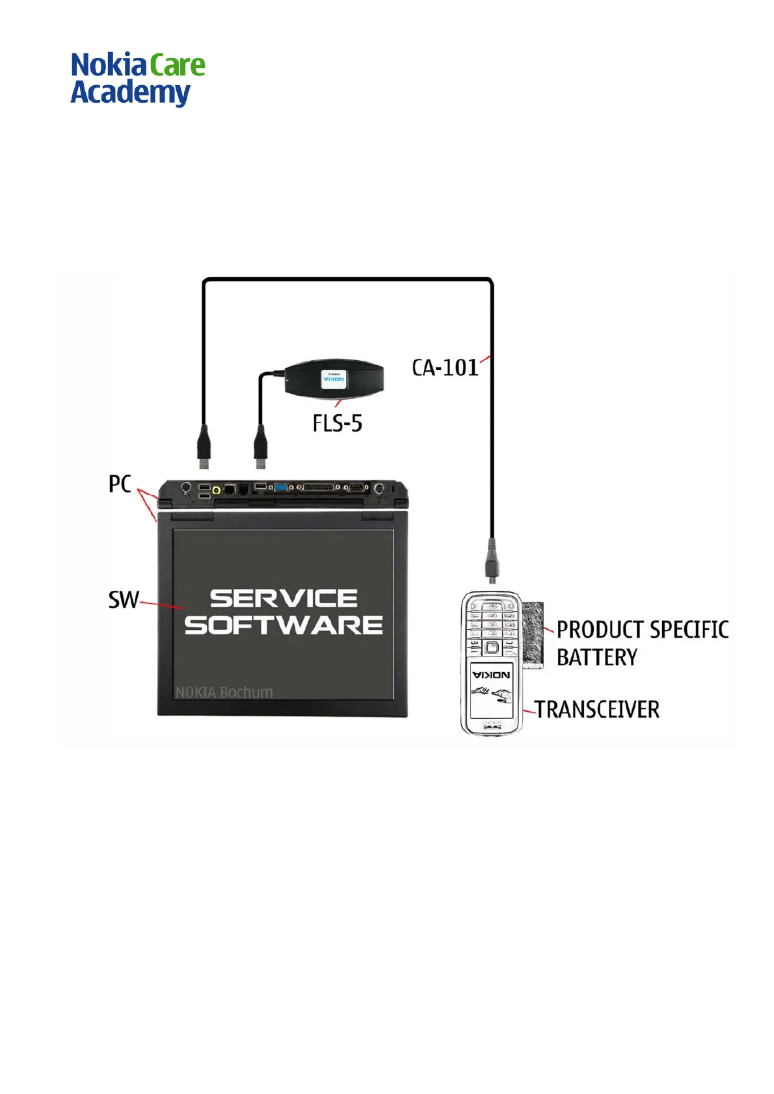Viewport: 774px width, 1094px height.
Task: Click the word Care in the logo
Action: (x=178, y=66)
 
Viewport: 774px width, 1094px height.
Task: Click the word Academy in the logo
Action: (x=130, y=93)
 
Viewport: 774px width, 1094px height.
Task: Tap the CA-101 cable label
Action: (x=445, y=368)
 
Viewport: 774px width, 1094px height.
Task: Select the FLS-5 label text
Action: (x=337, y=424)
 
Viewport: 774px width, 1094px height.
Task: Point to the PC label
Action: (x=120, y=484)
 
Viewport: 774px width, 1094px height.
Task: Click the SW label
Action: (x=123, y=599)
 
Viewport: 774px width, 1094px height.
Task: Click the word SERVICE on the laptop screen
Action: (x=284, y=598)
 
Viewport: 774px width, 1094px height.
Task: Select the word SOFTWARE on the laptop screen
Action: (x=284, y=625)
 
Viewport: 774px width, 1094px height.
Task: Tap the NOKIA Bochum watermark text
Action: (x=224, y=692)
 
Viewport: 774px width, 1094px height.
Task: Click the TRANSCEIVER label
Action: (x=597, y=709)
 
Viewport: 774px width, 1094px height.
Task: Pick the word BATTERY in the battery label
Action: (x=597, y=657)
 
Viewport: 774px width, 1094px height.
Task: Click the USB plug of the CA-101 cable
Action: (x=204, y=447)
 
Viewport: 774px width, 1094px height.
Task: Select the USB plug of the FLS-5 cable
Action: (x=261, y=447)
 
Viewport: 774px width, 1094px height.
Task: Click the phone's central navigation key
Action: (x=492, y=647)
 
